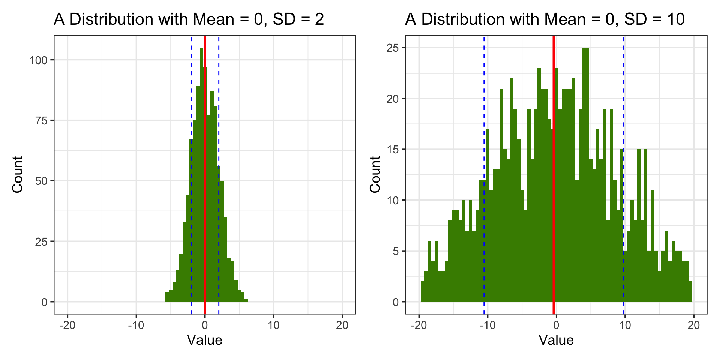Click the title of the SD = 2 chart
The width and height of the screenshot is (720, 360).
click(189, 19)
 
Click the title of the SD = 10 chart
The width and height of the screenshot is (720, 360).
click(544, 19)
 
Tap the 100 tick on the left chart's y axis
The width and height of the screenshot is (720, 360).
click(39, 60)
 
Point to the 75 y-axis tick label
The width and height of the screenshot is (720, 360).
click(41, 121)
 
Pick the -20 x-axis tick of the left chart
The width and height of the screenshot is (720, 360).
click(67, 325)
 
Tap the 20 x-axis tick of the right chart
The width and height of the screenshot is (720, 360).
click(694, 325)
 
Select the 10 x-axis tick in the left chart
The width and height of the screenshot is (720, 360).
click(274, 325)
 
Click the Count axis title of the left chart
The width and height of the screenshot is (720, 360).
click(18, 175)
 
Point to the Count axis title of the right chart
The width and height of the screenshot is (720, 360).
click(375, 175)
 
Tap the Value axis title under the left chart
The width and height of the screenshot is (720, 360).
click(205, 340)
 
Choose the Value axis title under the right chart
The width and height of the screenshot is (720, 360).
click(556, 340)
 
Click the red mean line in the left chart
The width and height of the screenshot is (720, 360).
click(205, 225)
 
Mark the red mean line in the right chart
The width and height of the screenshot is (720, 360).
click(553, 225)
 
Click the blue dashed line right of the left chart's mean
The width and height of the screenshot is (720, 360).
click(219, 94)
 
